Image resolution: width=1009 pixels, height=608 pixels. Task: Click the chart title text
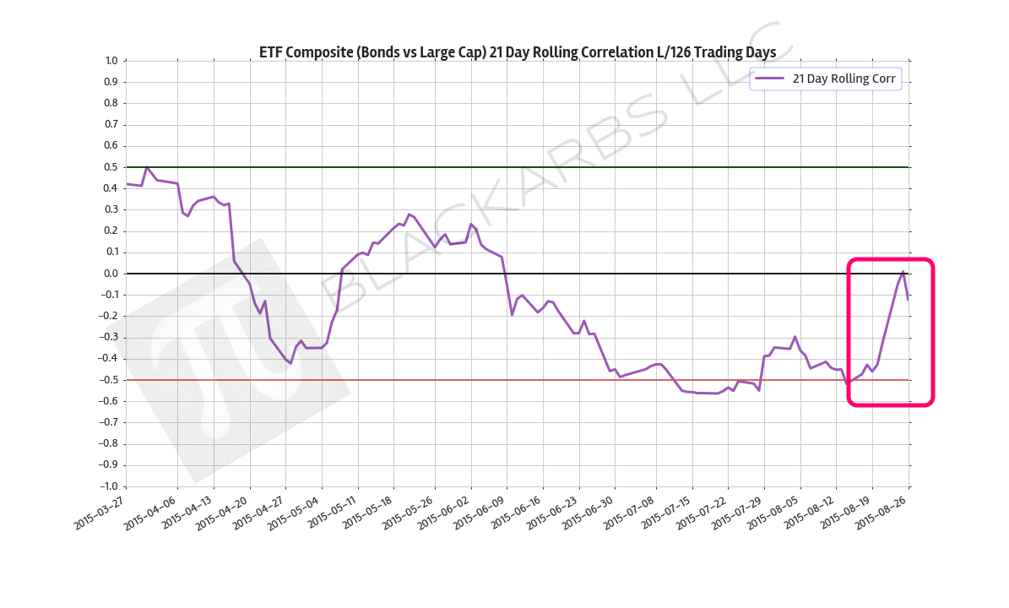[x=517, y=52]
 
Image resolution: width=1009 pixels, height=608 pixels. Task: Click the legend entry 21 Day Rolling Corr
[x=844, y=79]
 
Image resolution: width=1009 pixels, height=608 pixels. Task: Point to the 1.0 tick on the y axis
[x=111, y=61]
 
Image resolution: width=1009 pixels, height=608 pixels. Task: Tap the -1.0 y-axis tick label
[x=109, y=486]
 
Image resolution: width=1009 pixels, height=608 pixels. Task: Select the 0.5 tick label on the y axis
[x=111, y=167]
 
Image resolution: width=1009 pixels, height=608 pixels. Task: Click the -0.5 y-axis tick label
[x=109, y=380]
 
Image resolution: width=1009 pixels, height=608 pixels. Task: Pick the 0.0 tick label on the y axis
[x=111, y=274]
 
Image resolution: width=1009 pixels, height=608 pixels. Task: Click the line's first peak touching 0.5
[x=147, y=167]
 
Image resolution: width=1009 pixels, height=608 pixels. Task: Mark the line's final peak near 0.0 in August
[x=903, y=272]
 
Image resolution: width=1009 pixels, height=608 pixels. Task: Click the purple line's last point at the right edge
[x=908, y=299]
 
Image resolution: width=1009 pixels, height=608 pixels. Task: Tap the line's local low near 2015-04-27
[x=290, y=363]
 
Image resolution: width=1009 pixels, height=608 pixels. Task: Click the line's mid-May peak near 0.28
[x=409, y=214]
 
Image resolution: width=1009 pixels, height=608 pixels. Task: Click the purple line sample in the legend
[x=769, y=79]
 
